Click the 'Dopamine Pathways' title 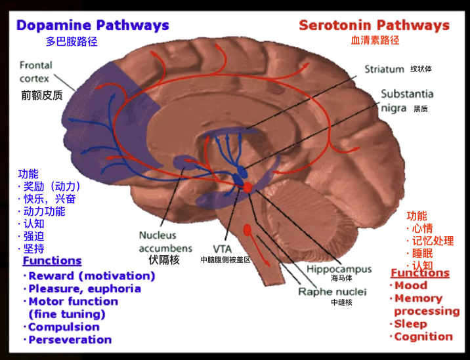tap(93, 26)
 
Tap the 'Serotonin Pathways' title tap(374, 26)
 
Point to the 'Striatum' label tap(384, 68)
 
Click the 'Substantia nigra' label tap(407, 101)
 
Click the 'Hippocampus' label tap(339, 269)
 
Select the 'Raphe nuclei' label tap(332, 292)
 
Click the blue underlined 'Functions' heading tap(52, 261)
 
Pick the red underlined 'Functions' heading tap(420, 273)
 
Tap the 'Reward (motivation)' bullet tap(91, 276)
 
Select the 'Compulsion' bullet tap(64, 327)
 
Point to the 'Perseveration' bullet tap(70, 340)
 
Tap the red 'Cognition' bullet tap(423, 336)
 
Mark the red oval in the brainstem tap(248, 230)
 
